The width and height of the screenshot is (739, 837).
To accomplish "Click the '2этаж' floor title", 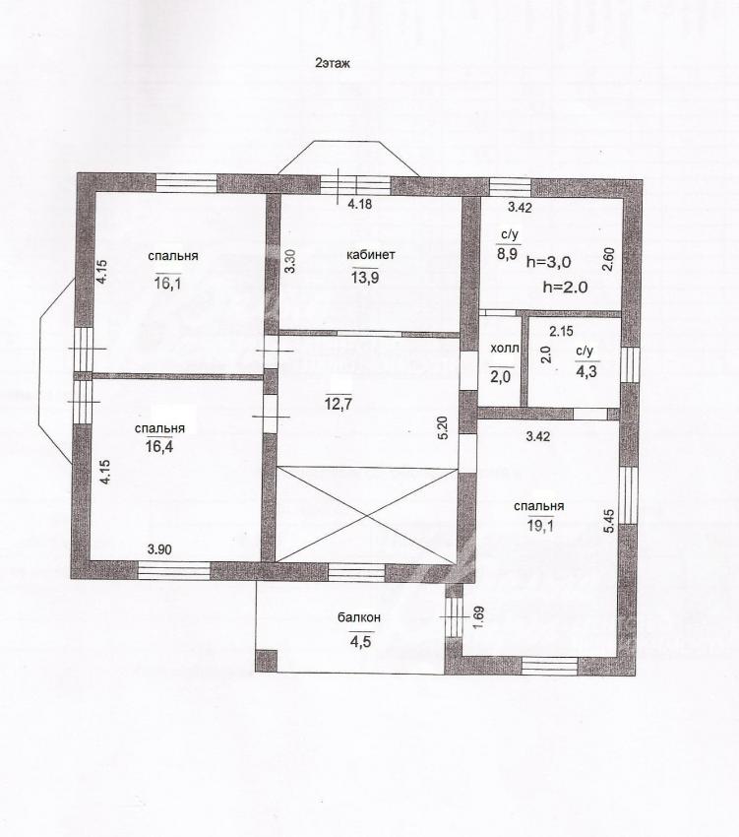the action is (x=333, y=64).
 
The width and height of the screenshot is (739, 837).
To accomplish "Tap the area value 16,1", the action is (x=168, y=283).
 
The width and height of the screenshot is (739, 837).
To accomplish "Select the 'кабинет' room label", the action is (x=371, y=255).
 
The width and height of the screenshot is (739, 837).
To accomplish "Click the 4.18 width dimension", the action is (x=359, y=204).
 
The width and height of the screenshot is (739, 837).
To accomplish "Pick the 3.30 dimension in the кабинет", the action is (x=289, y=262).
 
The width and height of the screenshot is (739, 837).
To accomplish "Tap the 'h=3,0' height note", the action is (x=548, y=262).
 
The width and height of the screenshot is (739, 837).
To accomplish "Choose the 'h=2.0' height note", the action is (x=565, y=287).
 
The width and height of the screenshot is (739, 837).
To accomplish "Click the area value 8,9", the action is (x=508, y=253).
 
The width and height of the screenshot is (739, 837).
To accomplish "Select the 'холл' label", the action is (x=504, y=350).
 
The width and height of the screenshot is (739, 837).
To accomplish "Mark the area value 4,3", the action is (x=586, y=371).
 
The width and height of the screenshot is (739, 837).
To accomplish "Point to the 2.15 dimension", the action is (x=561, y=332).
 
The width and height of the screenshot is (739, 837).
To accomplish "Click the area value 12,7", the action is (x=339, y=403).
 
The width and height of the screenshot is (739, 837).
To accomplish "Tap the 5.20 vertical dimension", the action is (x=443, y=427).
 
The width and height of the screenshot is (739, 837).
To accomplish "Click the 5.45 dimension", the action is (x=610, y=521).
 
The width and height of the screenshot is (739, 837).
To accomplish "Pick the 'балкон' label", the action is (x=359, y=617).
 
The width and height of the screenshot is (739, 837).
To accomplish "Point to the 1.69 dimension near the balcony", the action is (x=477, y=617).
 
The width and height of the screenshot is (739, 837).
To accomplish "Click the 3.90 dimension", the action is (x=159, y=548).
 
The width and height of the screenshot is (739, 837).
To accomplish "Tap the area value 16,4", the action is (x=159, y=446).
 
